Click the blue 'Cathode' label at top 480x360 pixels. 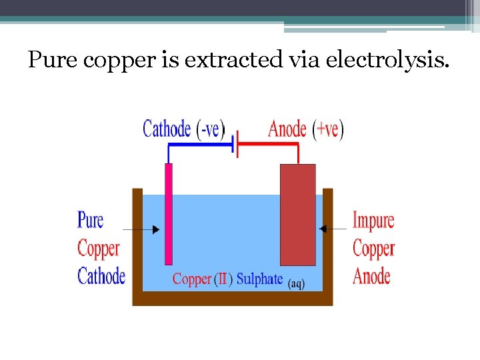[x=167, y=129]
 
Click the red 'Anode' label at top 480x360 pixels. [x=287, y=129]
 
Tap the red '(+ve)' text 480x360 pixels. [x=328, y=129]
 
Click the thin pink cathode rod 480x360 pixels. [x=169, y=213]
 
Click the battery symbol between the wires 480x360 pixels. [x=235, y=143]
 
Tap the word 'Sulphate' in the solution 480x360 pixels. [x=260, y=279]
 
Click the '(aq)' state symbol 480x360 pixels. [x=296, y=284]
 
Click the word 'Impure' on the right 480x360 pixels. [x=373, y=220]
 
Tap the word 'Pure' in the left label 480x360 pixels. [x=91, y=220]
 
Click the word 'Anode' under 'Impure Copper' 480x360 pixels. [x=371, y=276]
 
